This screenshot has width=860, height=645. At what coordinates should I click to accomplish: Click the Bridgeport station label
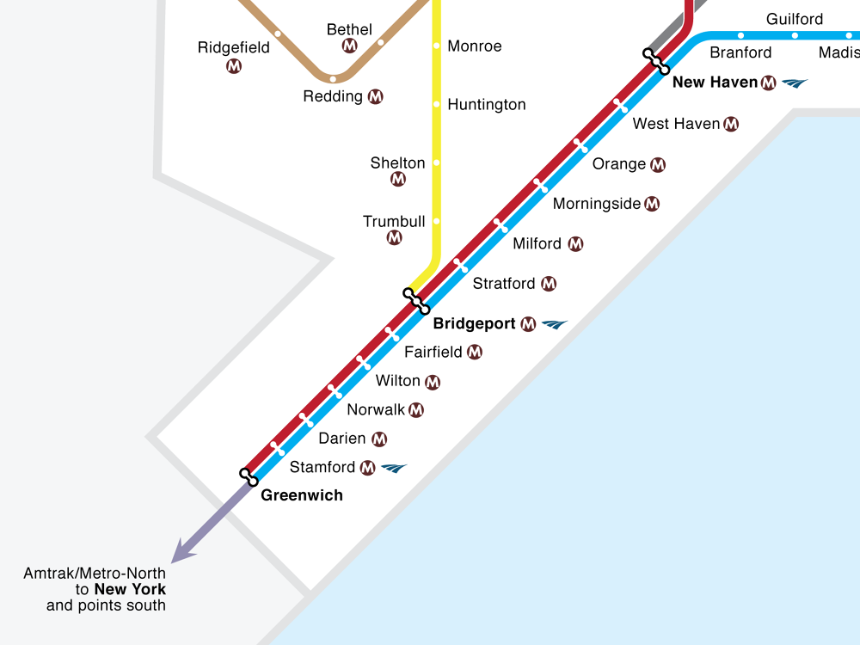pos(474,324)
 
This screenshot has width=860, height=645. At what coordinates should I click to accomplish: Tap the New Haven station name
pos(715,83)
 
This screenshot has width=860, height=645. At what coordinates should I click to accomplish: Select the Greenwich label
pos(301,495)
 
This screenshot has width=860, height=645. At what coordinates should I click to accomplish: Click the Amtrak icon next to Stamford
pos(393,468)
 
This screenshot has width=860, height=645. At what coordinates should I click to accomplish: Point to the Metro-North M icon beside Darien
pos(378,439)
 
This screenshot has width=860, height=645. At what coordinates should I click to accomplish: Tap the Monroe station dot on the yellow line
pos(436,46)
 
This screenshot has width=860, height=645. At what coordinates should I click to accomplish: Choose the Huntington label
pos(487,105)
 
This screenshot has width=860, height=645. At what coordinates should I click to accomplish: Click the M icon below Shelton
pos(398,179)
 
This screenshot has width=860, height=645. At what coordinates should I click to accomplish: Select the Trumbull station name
pos(394,222)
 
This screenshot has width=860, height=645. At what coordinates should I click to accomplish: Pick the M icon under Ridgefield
pos(234,65)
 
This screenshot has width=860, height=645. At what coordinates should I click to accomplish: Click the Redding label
pos(333,96)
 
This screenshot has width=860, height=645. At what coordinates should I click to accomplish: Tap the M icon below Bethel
pos(349,46)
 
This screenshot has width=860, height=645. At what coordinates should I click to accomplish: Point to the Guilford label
pos(795,19)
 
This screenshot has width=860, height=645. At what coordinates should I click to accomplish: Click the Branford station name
pos(740,52)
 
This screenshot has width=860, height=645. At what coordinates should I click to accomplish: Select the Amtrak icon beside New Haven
pos(795,83)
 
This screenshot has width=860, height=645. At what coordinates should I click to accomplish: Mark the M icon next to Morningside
pos(652,204)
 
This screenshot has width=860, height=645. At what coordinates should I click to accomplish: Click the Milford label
pos(537,244)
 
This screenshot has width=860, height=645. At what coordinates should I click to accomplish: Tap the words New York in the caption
pos(130,590)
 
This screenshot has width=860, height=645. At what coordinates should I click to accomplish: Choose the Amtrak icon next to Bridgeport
pos(555,325)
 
